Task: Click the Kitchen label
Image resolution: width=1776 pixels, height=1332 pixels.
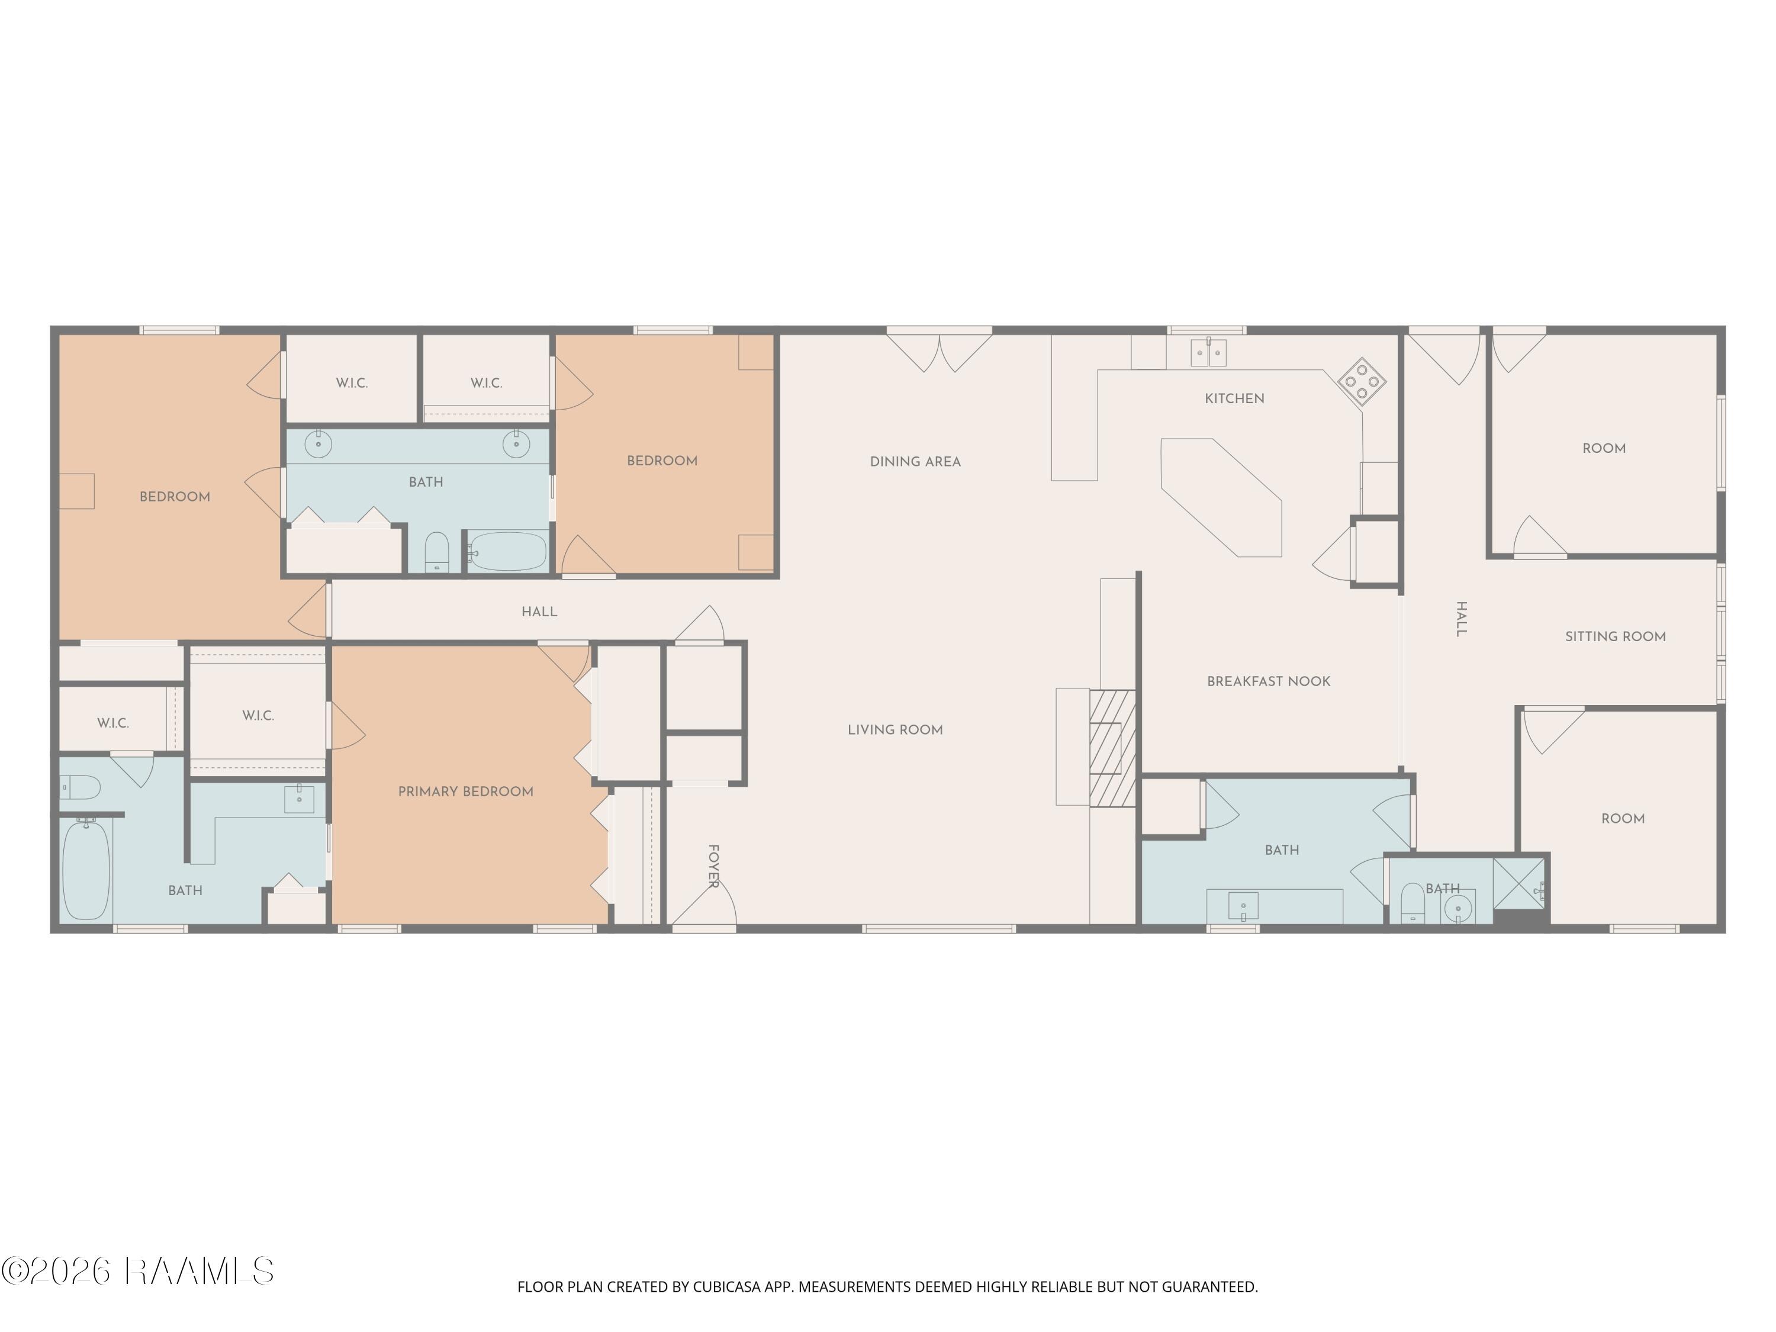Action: point(1234,398)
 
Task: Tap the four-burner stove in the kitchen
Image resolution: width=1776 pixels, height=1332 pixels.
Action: point(1362,381)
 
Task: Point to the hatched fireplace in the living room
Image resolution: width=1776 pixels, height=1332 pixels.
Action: point(1112,748)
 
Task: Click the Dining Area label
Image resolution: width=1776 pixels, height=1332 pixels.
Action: point(915,462)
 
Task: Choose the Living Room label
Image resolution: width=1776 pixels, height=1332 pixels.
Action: point(895,730)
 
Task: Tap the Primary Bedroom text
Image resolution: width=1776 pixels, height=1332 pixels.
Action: point(466,792)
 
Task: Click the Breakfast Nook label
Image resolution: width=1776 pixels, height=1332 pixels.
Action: point(1269,681)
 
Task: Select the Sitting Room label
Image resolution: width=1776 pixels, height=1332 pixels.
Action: point(1616,636)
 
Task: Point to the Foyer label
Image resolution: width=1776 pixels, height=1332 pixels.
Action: point(713,866)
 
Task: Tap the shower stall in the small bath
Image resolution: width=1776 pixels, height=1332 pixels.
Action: point(1518,884)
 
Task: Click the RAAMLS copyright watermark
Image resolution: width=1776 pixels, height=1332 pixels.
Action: point(137,1271)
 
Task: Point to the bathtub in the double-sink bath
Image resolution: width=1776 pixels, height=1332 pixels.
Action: point(507,552)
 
